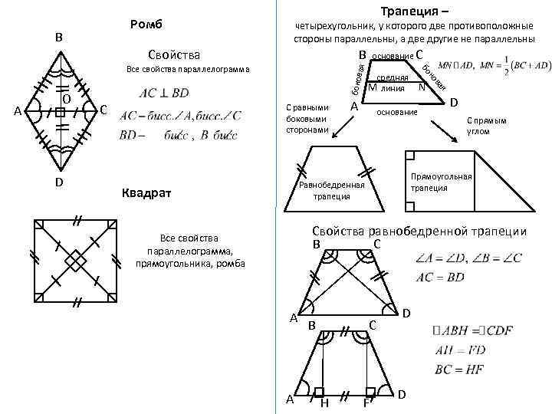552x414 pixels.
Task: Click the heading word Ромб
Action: click(148, 24)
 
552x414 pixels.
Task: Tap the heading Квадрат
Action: click(147, 192)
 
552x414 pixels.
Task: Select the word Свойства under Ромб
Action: click(175, 54)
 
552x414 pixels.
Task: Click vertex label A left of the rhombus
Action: click(18, 112)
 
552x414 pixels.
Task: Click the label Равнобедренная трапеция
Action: click(332, 190)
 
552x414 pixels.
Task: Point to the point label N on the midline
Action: click(422, 87)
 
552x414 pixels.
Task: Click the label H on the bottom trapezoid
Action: click(324, 402)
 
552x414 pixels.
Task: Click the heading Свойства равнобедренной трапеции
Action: click(419, 232)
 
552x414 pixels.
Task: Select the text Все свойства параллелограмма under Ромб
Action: click(187, 70)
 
